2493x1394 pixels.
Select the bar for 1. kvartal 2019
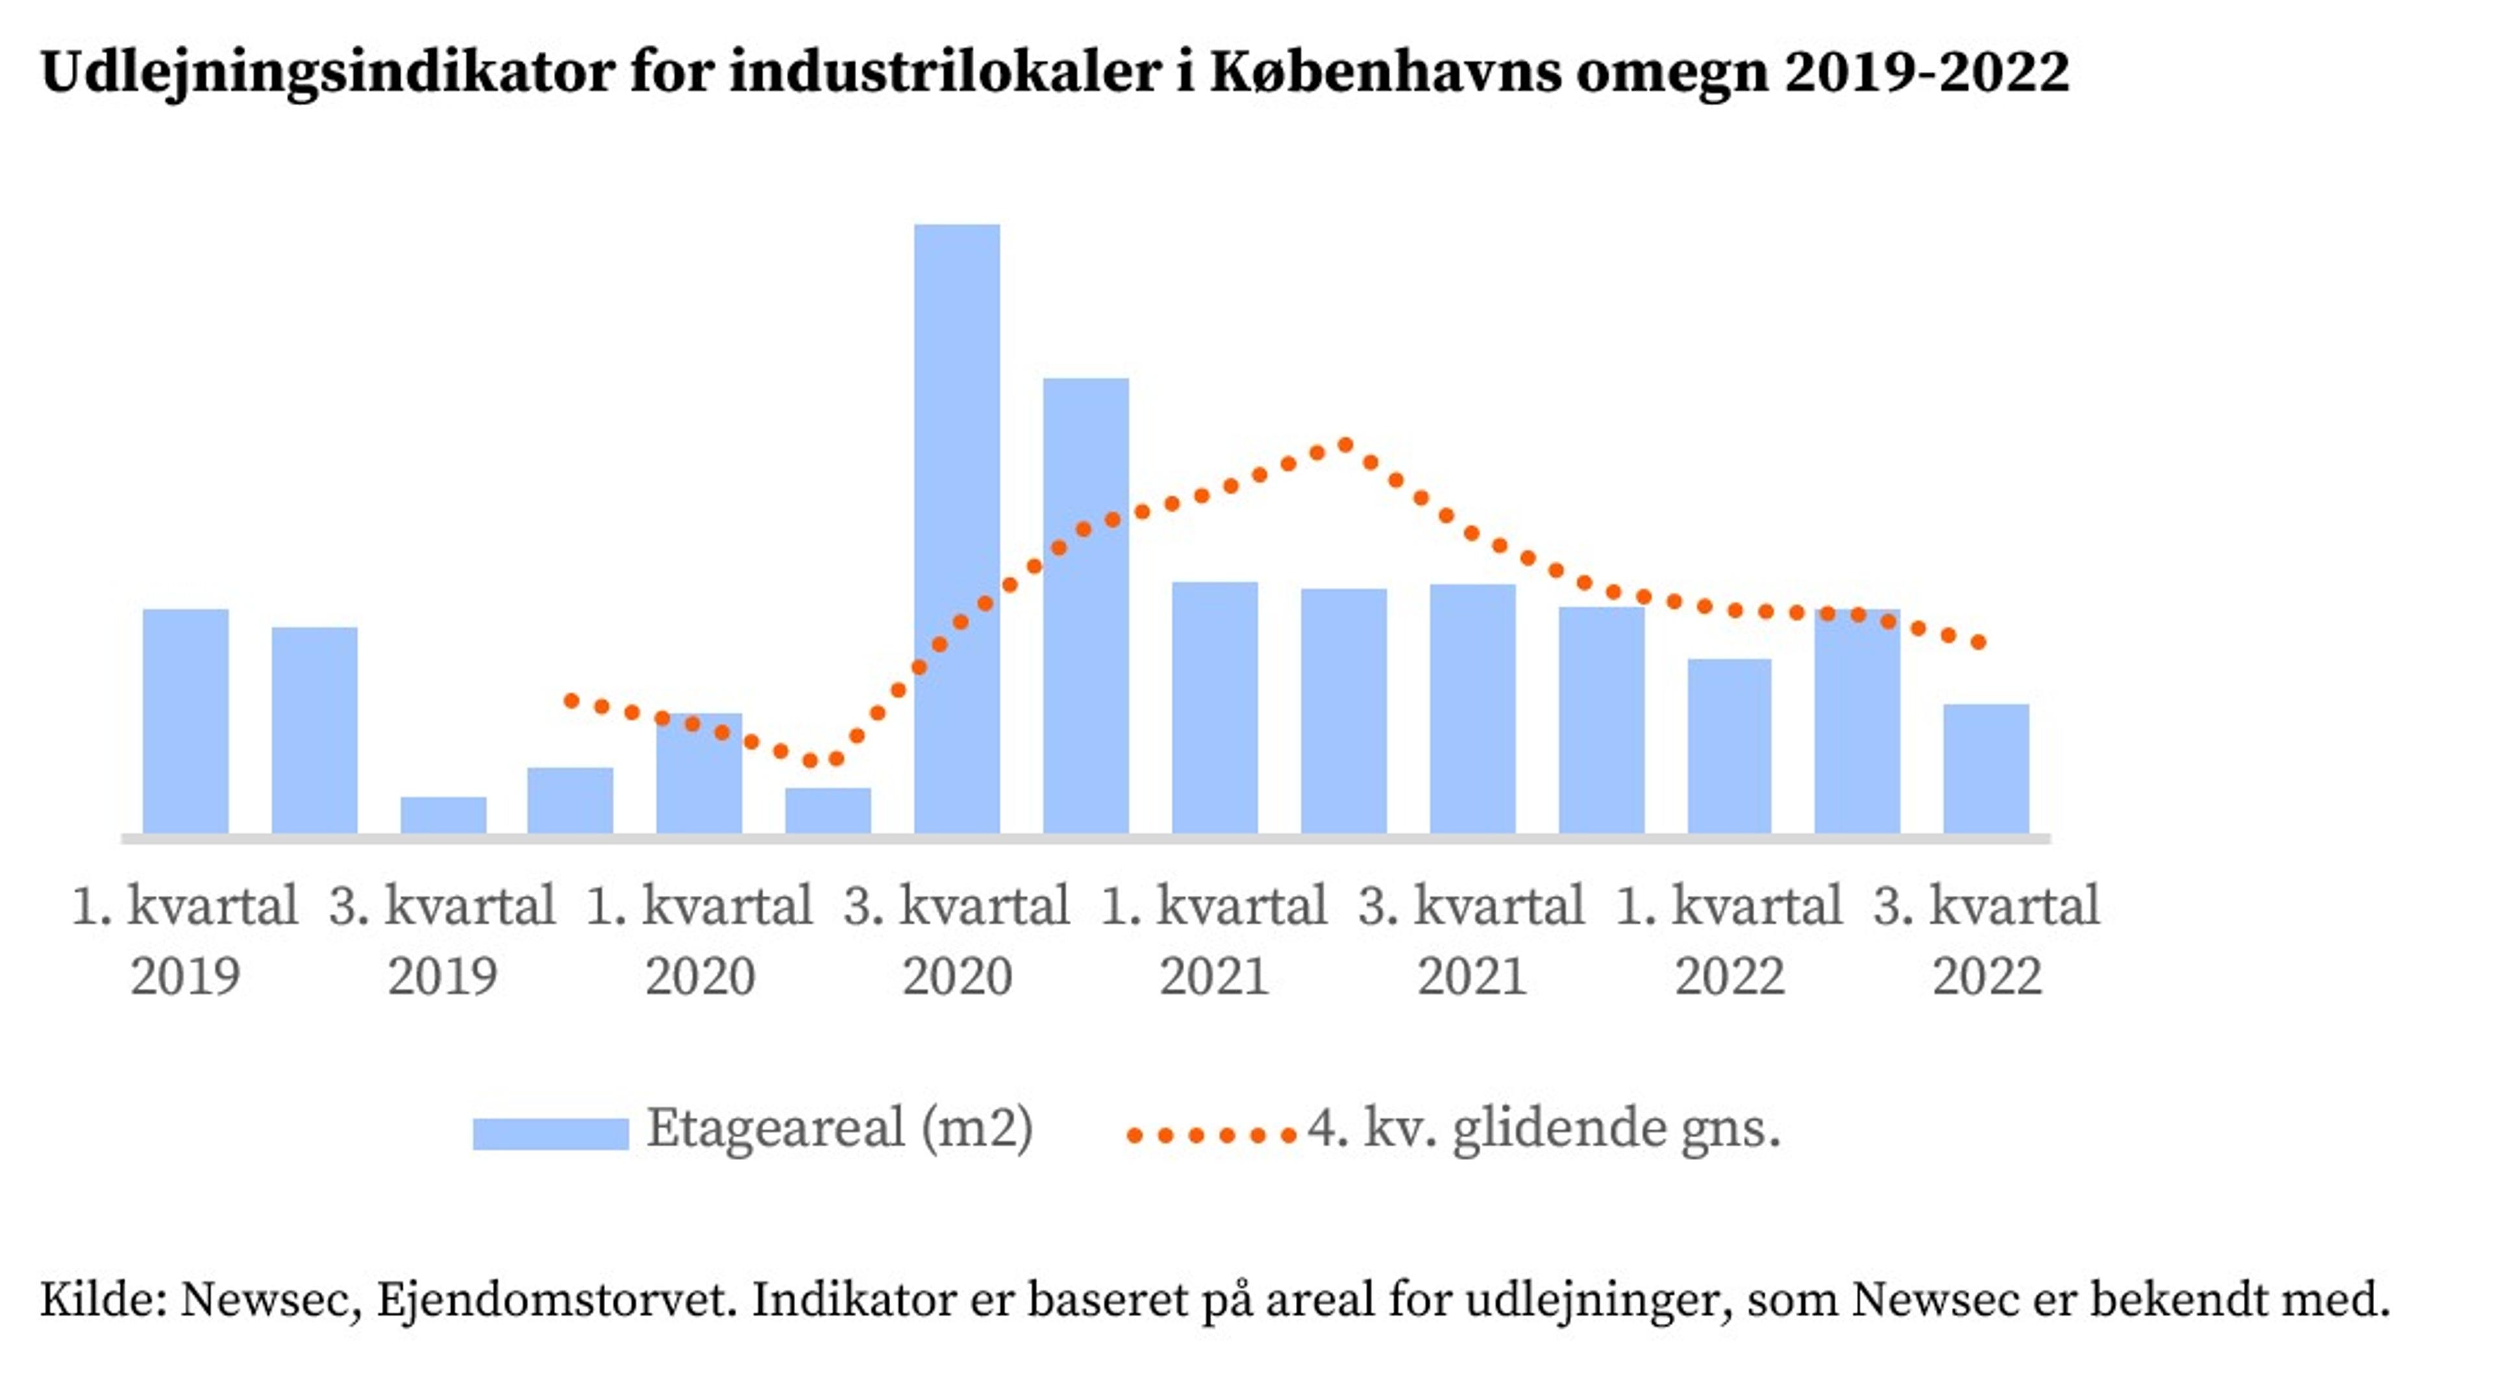[186, 720]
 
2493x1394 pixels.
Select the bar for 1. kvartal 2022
[1730, 746]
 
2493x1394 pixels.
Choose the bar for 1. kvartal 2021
[1215, 707]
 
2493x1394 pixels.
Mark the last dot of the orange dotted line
[1979, 642]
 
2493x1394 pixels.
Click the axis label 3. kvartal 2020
[956, 939]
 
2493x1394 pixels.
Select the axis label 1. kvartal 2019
[185, 939]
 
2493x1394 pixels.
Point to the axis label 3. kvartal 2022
[1986, 939]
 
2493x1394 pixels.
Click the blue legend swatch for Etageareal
[550, 1133]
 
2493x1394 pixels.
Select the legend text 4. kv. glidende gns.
[1544, 1128]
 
